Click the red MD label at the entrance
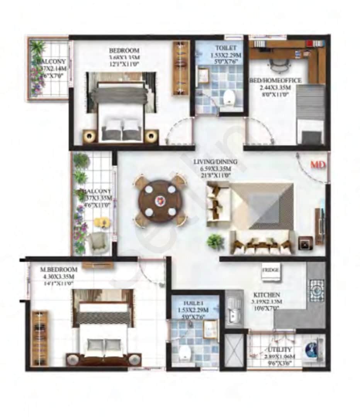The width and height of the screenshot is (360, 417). click(x=318, y=165)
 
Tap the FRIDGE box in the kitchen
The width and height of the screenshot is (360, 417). click(x=271, y=270)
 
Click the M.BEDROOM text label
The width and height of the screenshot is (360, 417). click(x=59, y=269)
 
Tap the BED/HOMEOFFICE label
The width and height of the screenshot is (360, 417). click(x=275, y=80)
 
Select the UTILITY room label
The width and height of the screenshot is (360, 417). click(x=280, y=350)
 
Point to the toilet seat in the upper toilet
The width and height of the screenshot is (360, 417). click(x=230, y=97)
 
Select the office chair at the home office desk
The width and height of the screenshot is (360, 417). click(x=278, y=66)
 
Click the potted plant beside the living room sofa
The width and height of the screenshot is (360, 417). click(x=215, y=242)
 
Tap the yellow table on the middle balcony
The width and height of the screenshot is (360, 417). click(x=102, y=223)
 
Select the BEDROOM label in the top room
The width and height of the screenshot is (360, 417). click(x=124, y=51)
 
